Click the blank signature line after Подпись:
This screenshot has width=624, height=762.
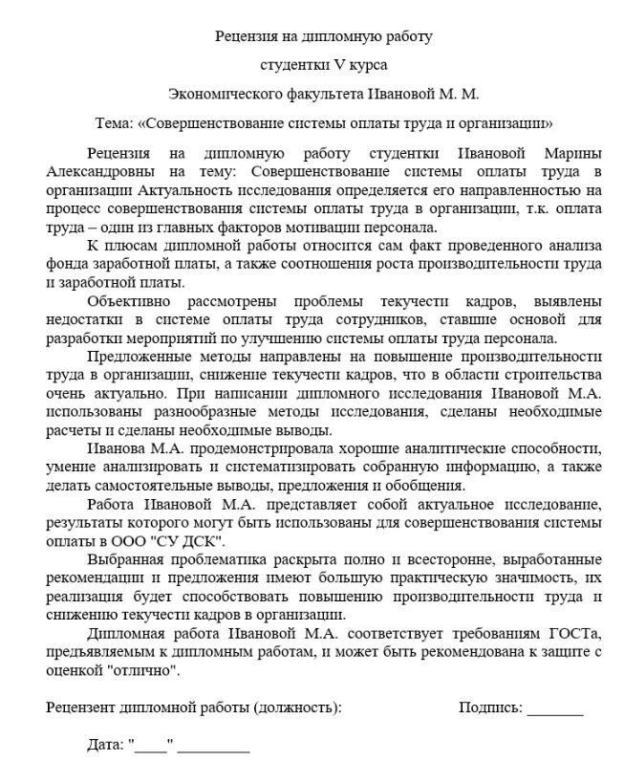click(555, 709)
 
